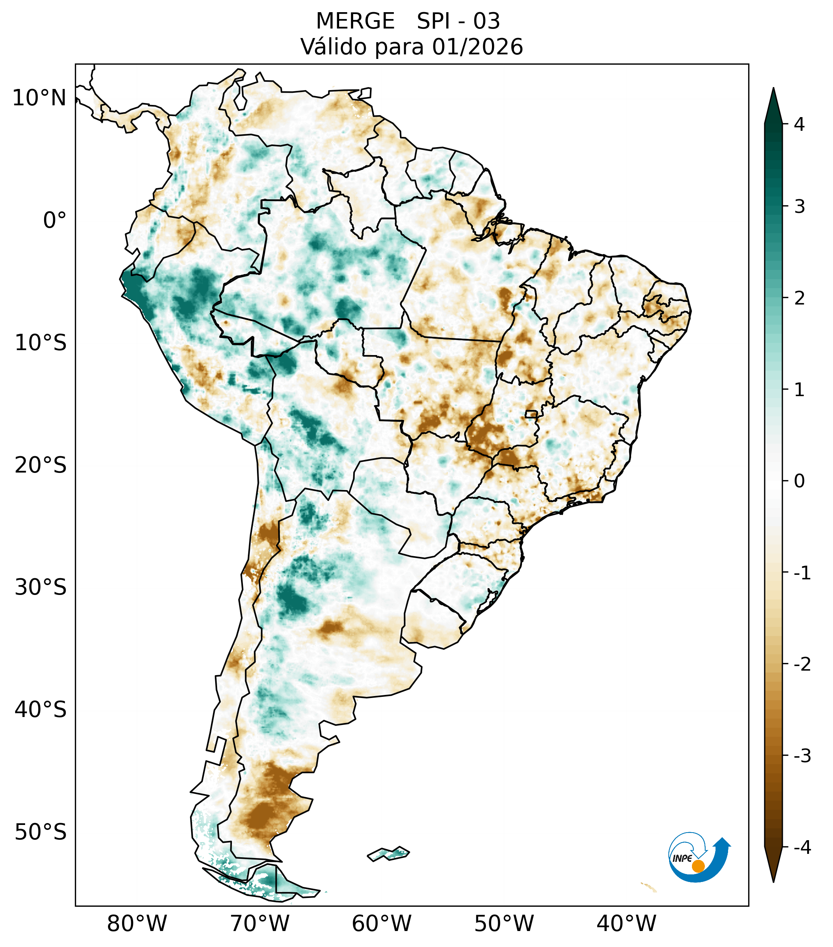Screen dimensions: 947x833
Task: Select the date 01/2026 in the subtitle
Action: pos(477,47)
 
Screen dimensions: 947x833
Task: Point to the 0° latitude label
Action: pos(55,220)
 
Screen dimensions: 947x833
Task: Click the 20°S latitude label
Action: pos(41,465)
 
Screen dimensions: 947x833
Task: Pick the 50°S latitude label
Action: pos(41,833)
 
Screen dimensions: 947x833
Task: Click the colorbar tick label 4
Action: pos(799,124)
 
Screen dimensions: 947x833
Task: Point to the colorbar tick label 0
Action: pos(799,481)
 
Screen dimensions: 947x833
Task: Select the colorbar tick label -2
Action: pos(802,665)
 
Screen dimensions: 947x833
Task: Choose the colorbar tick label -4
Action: pos(802,848)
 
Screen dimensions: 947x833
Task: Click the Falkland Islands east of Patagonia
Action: pos(389,853)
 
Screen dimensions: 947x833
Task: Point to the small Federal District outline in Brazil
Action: pos(531,414)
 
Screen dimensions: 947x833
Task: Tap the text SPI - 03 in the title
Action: pos(458,21)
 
